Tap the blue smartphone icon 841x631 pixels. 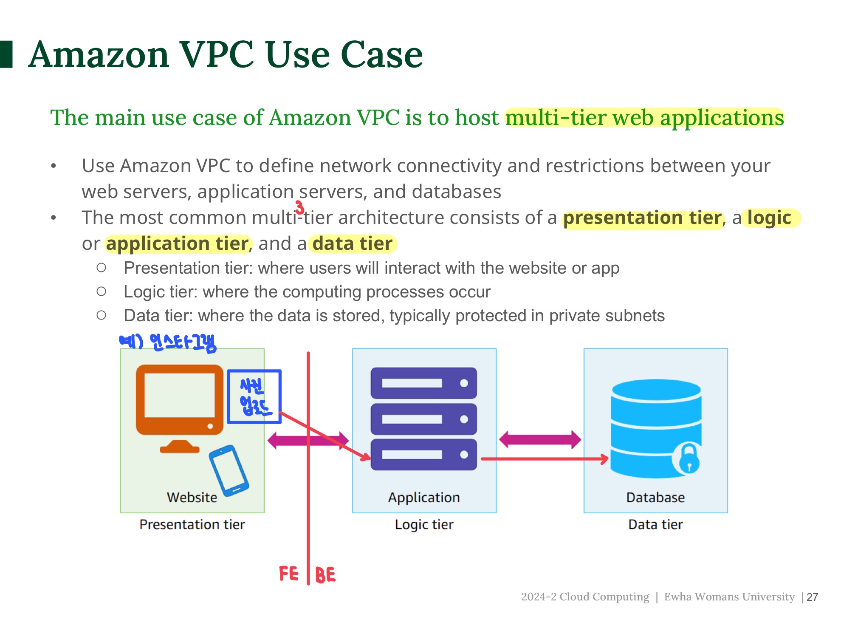coord(229,470)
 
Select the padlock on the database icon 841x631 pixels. coord(689,459)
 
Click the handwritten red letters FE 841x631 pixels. coord(289,574)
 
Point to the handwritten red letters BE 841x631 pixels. coord(325,575)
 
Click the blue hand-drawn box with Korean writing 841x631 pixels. coord(254,396)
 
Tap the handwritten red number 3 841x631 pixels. coord(300,207)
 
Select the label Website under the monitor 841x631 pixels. coord(192,497)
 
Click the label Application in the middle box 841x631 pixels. coord(424,497)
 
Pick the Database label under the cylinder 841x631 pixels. coord(655,497)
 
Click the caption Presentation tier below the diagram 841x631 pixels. coord(192,524)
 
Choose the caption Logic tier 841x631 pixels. coord(424,524)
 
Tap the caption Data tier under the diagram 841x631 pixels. coord(655,524)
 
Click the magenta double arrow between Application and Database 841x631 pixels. coord(540,439)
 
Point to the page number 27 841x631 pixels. coord(812,597)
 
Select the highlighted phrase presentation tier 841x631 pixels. coord(642,218)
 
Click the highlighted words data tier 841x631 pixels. coord(352,244)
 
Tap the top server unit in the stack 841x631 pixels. coord(423,383)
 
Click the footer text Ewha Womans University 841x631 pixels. coord(729,597)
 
